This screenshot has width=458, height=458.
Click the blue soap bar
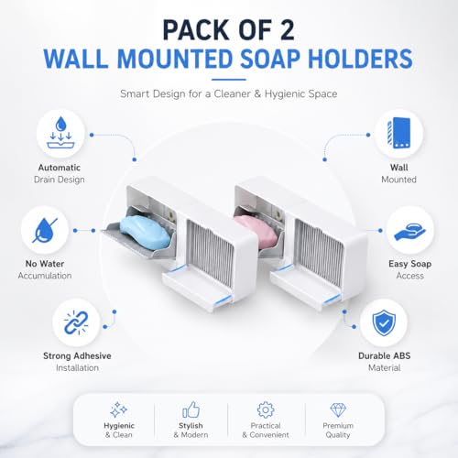point(145,231)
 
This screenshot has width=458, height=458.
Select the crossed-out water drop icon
point(45,230)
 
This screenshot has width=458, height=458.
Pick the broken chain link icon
point(76,322)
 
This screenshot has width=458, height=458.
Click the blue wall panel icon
point(398,133)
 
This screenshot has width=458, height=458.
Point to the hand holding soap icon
point(409,231)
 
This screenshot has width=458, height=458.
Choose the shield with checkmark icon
point(384,322)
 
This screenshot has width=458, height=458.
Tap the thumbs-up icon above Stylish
point(191,409)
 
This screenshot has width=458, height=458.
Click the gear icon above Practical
point(266,409)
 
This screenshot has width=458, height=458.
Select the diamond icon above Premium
point(338,409)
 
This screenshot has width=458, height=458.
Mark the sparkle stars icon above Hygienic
point(118,409)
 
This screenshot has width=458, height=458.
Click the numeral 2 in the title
point(285,30)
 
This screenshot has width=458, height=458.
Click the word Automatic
point(60,168)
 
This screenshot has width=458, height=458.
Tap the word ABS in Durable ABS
point(402,355)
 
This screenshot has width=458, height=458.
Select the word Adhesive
point(93,355)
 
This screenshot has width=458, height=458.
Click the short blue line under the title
point(229,80)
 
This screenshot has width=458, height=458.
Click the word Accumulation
point(45,276)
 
